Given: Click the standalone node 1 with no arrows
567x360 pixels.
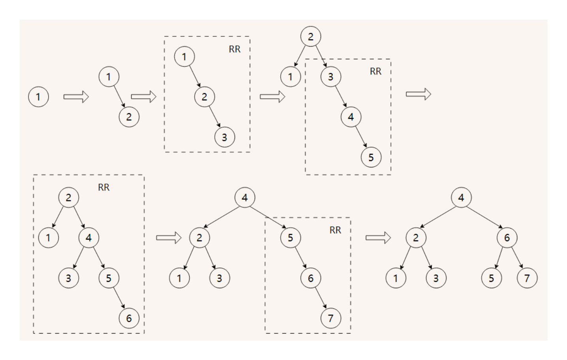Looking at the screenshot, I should click(38, 97).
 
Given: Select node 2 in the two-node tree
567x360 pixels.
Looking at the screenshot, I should click(129, 117).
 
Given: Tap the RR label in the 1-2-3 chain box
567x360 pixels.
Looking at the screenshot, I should click(235, 49).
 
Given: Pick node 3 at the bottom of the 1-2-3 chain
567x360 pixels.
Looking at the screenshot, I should click(224, 137).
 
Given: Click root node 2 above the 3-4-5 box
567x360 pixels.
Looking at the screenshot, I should click(310, 37).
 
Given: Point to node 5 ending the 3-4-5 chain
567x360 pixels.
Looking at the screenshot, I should click(371, 157).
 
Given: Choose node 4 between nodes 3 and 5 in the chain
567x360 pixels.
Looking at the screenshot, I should click(351, 117).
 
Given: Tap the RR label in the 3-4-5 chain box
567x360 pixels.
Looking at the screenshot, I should click(375, 71).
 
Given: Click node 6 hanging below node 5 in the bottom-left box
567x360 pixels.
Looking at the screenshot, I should click(129, 318).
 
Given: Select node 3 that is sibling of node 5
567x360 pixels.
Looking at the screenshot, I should click(69, 278).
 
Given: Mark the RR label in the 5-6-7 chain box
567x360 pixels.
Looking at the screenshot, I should click(335, 230).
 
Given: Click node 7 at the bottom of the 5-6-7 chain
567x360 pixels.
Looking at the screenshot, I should click(330, 318).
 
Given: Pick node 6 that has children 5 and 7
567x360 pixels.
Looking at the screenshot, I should click(507, 238).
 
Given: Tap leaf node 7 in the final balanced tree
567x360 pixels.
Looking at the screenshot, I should click(527, 278).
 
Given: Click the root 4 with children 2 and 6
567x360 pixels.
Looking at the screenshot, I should click(461, 197).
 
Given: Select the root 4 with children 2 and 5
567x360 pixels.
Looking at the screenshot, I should click(244, 197).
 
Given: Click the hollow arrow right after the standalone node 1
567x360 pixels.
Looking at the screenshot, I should click(76, 97).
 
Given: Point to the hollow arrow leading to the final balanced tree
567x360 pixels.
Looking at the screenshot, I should click(378, 238).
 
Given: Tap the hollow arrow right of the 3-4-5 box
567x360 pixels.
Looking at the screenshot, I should click(419, 94).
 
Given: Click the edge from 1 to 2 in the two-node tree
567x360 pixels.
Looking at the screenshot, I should click(119, 96).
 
